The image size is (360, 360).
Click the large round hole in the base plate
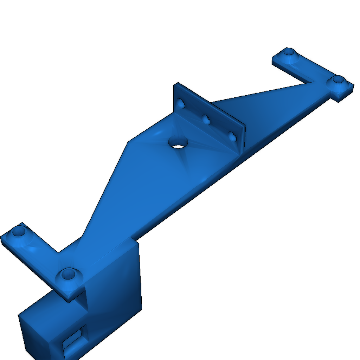point(178,142)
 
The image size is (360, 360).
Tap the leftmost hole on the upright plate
point(181,104)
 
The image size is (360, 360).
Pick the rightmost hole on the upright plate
point(232,136)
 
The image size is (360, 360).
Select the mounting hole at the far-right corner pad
point(338,81)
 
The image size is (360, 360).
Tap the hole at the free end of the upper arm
point(289,52)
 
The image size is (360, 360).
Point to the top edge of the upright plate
point(211,103)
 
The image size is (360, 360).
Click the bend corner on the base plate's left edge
point(127,142)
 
